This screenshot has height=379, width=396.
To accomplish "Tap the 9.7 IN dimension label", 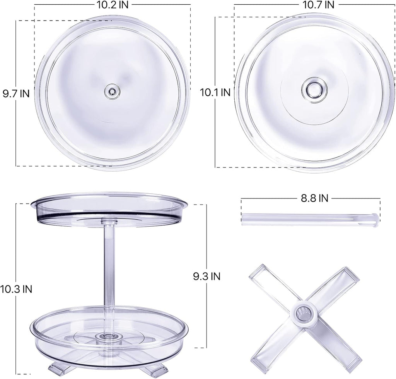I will (15, 93).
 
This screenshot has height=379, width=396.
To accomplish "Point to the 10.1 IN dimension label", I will (215, 93).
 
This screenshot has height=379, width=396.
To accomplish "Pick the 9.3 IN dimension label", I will (207, 276).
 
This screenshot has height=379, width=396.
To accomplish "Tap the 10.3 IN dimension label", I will (16, 289).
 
